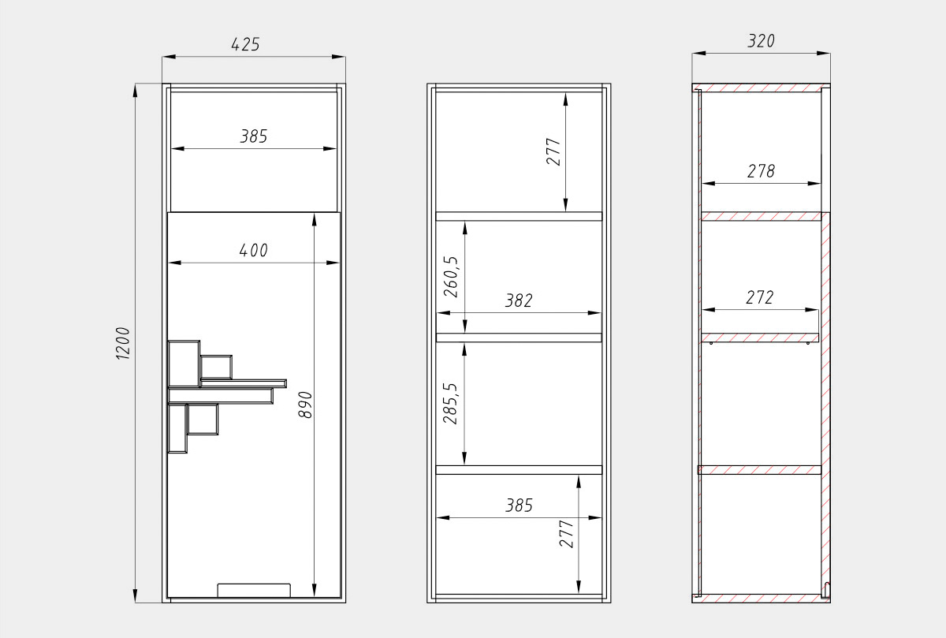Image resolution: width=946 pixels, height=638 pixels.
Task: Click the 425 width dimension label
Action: [245, 44]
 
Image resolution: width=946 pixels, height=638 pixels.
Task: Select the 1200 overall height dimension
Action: [122, 343]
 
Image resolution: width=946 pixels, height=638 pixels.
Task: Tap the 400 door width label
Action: [253, 251]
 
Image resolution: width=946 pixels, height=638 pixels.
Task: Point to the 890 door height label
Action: [305, 405]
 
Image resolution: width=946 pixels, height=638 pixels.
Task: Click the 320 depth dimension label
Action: [761, 41]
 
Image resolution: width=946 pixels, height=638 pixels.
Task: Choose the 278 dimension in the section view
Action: [761, 171]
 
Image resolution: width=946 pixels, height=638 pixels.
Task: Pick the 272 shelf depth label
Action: [760, 297]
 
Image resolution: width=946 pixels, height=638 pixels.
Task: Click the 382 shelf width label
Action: [519, 300]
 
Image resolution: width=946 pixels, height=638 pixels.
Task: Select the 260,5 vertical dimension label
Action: [451, 277]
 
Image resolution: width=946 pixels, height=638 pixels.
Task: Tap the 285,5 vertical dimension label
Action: [450, 404]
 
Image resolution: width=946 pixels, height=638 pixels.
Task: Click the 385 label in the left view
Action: [254, 136]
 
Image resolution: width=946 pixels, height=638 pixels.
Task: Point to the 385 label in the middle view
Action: [519, 506]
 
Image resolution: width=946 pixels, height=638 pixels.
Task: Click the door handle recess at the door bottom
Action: [254, 590]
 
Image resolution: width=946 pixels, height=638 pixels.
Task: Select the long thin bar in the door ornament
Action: [244, 383]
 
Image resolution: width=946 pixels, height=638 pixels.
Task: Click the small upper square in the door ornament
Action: [216, 368]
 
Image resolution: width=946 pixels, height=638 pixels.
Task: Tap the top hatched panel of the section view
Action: [761, 88]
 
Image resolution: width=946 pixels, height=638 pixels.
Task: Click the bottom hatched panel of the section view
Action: [761, 599]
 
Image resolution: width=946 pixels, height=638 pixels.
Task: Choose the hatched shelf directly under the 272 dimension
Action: [760, 338]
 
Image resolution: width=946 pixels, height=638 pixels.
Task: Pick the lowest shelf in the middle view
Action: [519, 470]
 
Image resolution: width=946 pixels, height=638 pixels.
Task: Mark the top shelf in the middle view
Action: [519, 216]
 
